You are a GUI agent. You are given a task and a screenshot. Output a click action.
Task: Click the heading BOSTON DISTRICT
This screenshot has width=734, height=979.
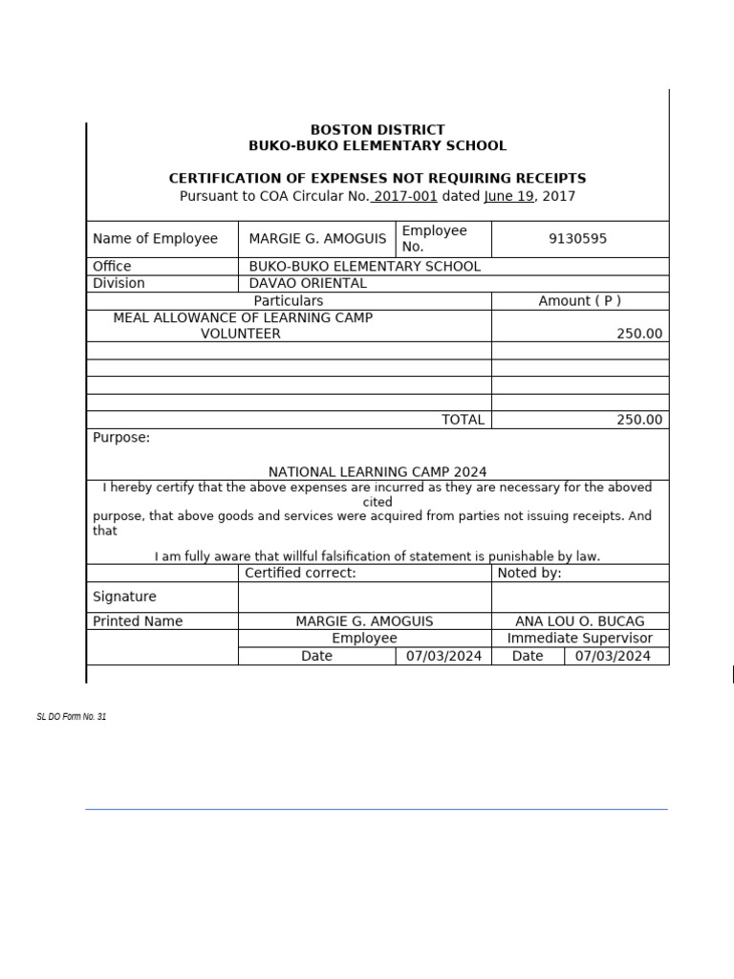coord(378,129)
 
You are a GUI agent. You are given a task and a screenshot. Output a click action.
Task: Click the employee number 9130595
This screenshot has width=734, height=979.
coord(577,239)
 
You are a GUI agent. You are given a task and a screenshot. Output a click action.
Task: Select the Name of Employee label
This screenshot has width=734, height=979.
coord(155,239)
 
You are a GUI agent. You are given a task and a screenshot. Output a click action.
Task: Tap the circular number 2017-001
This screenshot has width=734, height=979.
coord(404,196)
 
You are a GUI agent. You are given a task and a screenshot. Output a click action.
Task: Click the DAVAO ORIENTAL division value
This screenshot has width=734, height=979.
coord(308,283)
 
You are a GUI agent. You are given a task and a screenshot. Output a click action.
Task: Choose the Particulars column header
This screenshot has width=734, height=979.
coord(289,300)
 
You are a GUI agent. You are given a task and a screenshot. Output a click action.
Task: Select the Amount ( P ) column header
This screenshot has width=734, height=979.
coord(579,300)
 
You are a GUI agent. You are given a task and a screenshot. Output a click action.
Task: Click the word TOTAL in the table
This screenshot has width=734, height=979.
coord(463,420)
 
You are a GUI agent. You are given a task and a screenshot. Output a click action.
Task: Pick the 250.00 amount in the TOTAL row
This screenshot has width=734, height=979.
coord(639,420)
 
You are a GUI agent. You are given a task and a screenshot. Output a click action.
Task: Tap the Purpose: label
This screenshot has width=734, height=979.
coord(121,438)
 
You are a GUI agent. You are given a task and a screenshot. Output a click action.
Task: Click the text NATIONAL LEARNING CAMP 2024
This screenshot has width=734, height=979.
coord(378,471)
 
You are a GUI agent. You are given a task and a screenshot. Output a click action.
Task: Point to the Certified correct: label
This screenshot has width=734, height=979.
coord(300,573)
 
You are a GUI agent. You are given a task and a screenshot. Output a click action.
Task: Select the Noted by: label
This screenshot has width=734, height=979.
coord(529,573)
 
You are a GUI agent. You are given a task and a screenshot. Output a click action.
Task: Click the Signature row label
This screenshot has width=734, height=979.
coord(124,597)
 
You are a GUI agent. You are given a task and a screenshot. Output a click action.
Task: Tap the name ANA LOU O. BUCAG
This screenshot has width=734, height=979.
coord(580,620)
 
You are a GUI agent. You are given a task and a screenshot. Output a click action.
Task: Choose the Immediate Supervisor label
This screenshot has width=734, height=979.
coord(580,638)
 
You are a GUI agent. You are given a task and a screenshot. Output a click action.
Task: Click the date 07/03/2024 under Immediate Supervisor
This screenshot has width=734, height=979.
coord(615,656)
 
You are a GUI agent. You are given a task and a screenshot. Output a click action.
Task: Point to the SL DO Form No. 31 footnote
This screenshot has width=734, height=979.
coord(72,717)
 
